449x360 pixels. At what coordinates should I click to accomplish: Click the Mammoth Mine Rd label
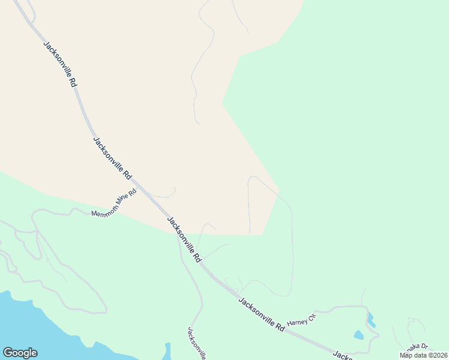115,203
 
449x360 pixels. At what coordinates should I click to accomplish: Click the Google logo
20,353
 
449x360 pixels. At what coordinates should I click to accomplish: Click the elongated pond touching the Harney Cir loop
370,319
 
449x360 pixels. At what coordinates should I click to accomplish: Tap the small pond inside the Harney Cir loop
358,335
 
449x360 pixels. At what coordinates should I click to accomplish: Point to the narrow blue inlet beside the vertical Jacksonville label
168,351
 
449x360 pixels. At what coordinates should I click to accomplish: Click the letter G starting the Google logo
8,353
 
